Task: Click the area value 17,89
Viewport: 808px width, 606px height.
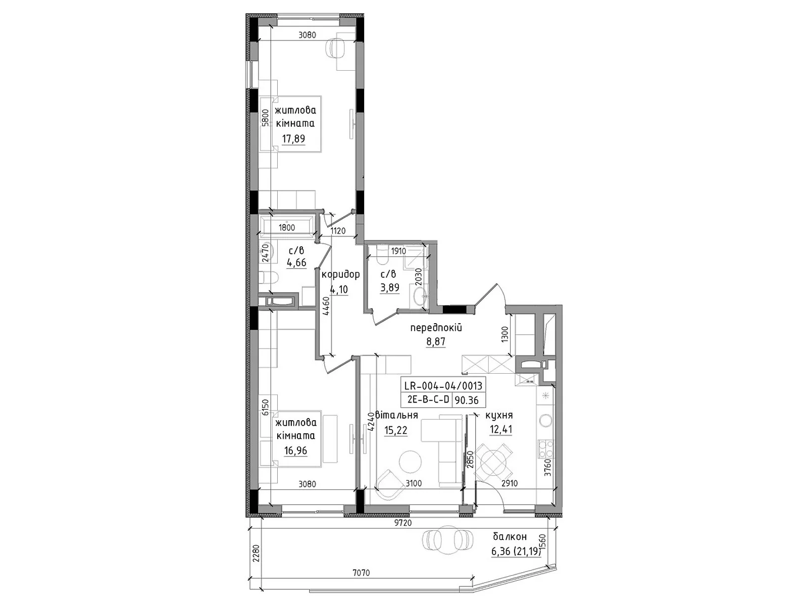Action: pos(293,139)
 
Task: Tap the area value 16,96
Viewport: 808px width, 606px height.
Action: pos(295,451)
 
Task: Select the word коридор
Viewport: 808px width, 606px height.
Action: pos(340,275)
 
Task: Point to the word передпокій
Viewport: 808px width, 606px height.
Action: pos(436,327)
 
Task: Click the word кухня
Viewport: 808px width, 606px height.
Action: pos(499,416)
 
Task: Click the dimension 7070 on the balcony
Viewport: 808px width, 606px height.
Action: pos(361,573)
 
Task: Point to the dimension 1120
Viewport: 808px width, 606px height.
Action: pos(338,231)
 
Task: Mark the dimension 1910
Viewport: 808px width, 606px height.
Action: pos(398,251)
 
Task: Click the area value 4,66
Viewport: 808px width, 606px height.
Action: pos(296,262)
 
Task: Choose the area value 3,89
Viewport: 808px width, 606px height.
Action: pos(389,287)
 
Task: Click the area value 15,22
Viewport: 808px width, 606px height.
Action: pos(396,430)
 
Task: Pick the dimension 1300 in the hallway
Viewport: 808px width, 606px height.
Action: pos(504,335)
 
